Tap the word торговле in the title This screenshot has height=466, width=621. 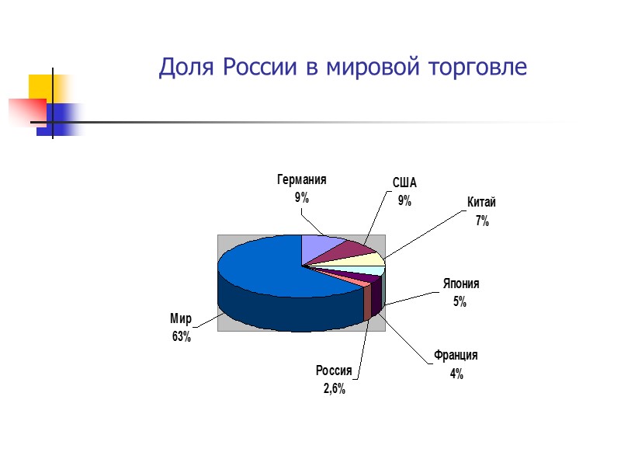pyautogui.click(x=479, y=68)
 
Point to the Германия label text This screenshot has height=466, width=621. pyautogui.click(x=301, y=179)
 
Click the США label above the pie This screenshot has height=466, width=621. pyautogui.click(x=404, y=183)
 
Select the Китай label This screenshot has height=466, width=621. pyautogui.click(x=481, y=203)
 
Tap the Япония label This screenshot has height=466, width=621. pyautogui.click(x=461, y=284)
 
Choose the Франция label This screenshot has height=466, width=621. pyautogui.click(x=456, y=355)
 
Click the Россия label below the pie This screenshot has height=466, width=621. pyautogui.click(x=334, y=370)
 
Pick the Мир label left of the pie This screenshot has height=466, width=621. pyautogui.click(x=181, y=318)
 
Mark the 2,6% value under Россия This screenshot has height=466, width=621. pyautogui.click(x=335, y=388)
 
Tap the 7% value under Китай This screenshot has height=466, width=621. pyautogui.click(x=482, y=221)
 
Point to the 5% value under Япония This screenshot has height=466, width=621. pyautogui.click(x=460, y=302)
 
